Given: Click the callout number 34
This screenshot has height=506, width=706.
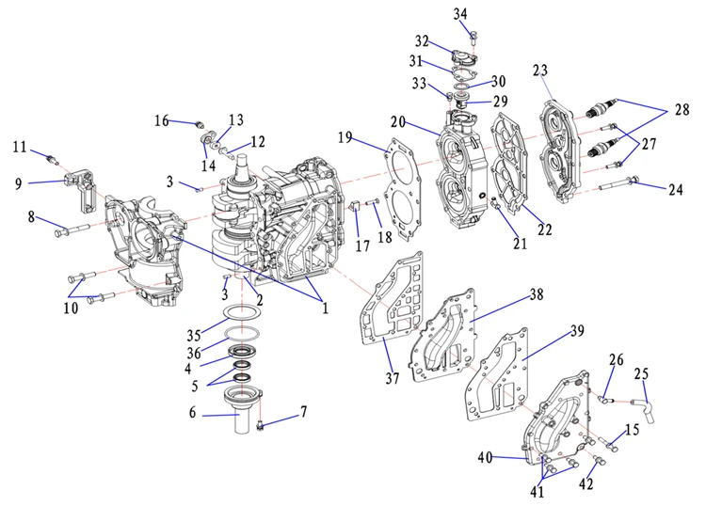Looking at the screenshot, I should pos(459,13).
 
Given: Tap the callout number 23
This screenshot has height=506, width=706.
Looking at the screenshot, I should pos(539,71).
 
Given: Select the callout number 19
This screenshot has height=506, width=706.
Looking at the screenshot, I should pos(346,137).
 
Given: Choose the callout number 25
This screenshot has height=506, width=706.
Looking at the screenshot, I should pos(642,374).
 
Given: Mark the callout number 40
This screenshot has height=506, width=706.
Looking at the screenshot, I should pos(485,458).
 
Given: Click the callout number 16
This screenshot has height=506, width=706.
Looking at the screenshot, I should pos(162,119).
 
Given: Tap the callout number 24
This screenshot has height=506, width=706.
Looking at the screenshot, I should pos(675,189).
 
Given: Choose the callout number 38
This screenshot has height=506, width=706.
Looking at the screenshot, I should pos(536,293).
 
